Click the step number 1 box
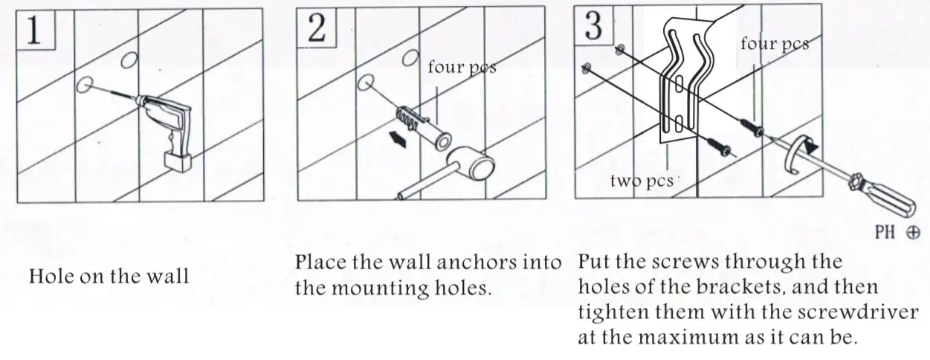tap(34, 30)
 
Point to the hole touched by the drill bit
tap(85, 84)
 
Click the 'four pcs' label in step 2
tap(462, 68)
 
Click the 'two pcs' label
tap(641, 181)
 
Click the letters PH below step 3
tap(885, 232)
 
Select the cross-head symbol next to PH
tap(912, 233)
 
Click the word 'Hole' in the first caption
tap(50, 277)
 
